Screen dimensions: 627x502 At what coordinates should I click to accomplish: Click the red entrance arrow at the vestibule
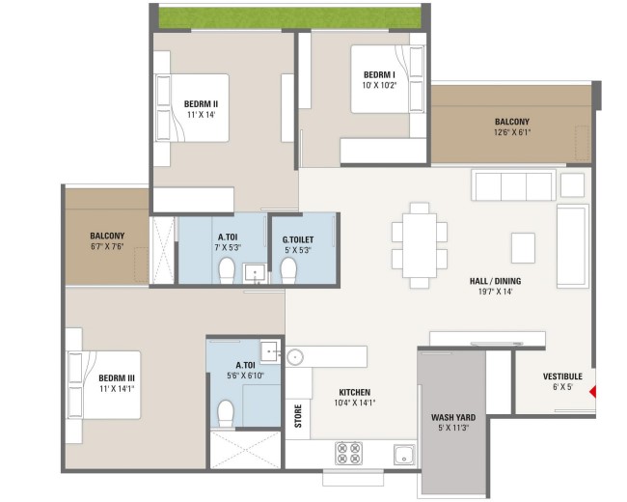593,392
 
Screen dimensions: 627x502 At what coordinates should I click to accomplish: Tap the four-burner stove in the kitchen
348,453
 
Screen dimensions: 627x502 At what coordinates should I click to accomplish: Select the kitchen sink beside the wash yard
405,455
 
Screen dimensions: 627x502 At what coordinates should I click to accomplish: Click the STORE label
298,416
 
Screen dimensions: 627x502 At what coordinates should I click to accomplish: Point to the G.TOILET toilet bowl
288,270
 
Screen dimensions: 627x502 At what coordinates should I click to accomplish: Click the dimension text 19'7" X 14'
496,292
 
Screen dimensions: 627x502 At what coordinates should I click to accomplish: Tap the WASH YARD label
453,418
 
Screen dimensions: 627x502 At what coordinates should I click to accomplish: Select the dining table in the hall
420,245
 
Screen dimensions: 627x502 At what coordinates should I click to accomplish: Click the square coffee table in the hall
523,248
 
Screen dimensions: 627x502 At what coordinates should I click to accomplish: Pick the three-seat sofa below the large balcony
514,185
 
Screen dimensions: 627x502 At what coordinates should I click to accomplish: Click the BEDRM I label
379,75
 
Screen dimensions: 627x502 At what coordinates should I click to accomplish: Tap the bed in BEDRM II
192,108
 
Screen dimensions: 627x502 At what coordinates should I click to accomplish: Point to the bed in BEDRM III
104,385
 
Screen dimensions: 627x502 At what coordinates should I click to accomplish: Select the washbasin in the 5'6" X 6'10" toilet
271,351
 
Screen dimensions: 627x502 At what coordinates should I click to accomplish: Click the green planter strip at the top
290,16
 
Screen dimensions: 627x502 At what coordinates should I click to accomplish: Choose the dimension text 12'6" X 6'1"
512,132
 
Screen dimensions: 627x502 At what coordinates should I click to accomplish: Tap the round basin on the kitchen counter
295,356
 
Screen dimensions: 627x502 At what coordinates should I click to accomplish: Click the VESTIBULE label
562,376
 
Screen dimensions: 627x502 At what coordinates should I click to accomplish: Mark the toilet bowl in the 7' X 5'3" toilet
227,270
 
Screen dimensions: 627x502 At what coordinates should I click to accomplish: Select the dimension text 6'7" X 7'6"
107,246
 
